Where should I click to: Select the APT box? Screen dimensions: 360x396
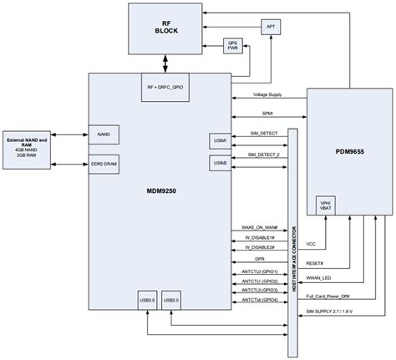(x=271, y=28)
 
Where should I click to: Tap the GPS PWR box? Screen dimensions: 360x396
(x=233, y=46)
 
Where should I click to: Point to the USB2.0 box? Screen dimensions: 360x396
(x=171, y=299)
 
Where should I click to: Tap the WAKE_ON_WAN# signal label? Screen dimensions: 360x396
(x=260, y=227)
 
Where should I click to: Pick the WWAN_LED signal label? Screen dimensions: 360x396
(x=320, y=277)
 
